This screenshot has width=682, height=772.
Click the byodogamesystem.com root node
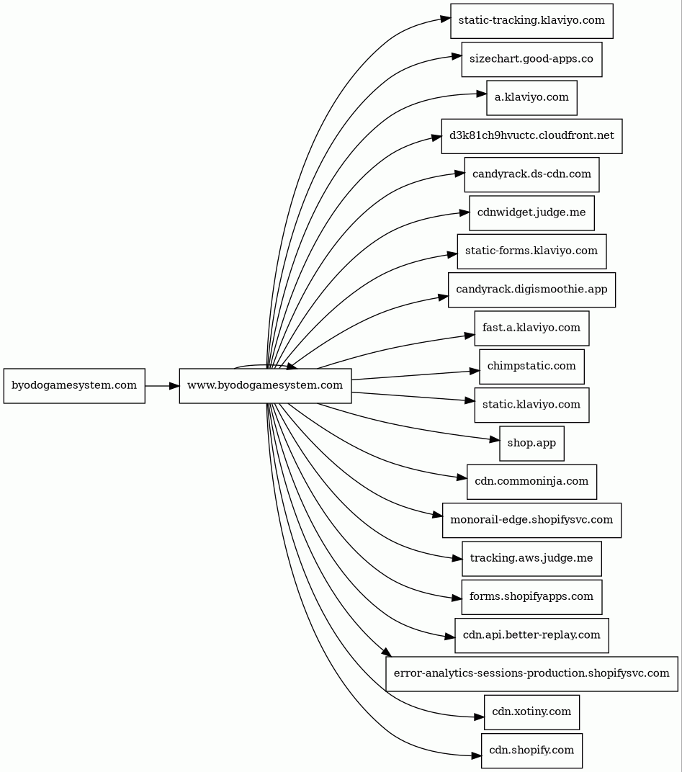[74, 386]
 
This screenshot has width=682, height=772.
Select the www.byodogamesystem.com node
[265, 386]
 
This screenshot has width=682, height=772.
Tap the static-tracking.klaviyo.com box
[531, 20]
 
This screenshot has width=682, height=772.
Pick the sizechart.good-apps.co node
[531, 59]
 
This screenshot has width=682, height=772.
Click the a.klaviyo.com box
[531, 97]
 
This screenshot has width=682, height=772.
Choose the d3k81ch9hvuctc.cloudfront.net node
[531, 136]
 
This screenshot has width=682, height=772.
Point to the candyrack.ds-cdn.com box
[531, 174]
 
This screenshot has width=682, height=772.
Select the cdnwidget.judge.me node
[531, 212]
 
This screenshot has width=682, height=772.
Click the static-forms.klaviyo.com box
[531, 251]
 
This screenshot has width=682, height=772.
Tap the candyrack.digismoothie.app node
[531, 289]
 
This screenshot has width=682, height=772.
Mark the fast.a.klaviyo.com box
[531, 328]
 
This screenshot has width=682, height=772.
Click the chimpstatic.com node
[531, 367]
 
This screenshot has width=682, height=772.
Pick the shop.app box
[531, 443]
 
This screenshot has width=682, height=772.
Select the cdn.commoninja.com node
[531, 482]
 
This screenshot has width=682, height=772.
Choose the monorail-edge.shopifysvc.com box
[531, 520]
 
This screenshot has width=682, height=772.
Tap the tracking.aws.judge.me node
[531, 558]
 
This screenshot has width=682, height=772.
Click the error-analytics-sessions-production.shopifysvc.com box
[531, 674]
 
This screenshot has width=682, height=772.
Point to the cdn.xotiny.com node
[531, 712]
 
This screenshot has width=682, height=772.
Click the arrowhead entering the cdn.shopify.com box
[476, 755]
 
